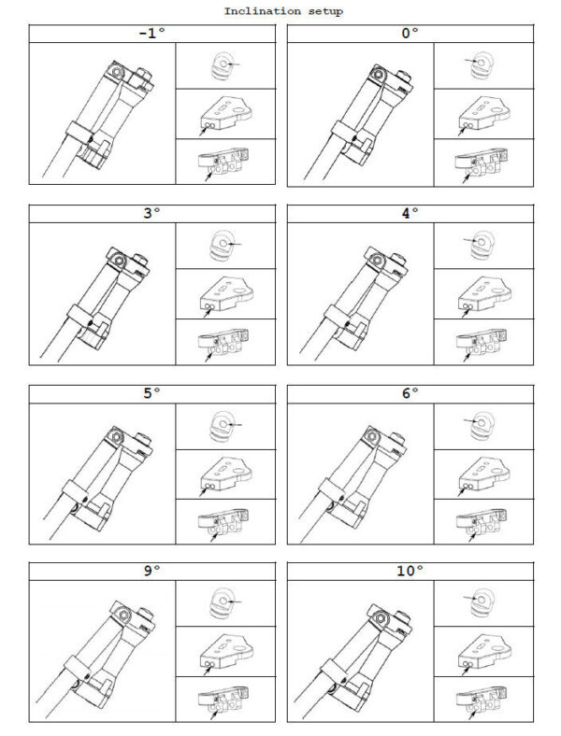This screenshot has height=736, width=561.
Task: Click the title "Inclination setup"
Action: tap(283, 11)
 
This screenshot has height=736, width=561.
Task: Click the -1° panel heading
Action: tap(152, 34)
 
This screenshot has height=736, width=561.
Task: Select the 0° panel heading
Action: tap(410, 34)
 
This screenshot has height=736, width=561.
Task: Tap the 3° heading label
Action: tap(151, 213)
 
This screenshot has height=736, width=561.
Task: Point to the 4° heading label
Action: tap(410, 213)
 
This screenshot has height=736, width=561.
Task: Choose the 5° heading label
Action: tap(151, 393)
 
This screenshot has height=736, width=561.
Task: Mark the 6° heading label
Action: tap(410, 393)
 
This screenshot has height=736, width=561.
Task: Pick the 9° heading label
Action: tap(151, 571)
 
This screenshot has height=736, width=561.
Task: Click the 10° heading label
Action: tap(410, 571)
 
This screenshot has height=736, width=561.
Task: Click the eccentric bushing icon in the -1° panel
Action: tap(222, 65)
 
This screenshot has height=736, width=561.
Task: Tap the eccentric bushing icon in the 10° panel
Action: tap(482, 602)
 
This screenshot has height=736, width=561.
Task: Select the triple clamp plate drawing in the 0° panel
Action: tap(484, 114)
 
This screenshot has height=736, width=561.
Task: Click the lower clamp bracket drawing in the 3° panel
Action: tap(223, 341)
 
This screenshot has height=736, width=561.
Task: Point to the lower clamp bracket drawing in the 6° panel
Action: tap(482, 522)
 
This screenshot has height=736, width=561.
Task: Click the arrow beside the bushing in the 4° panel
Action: tap(471, 241)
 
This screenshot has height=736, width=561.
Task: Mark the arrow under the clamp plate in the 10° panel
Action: tap(466, 671)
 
